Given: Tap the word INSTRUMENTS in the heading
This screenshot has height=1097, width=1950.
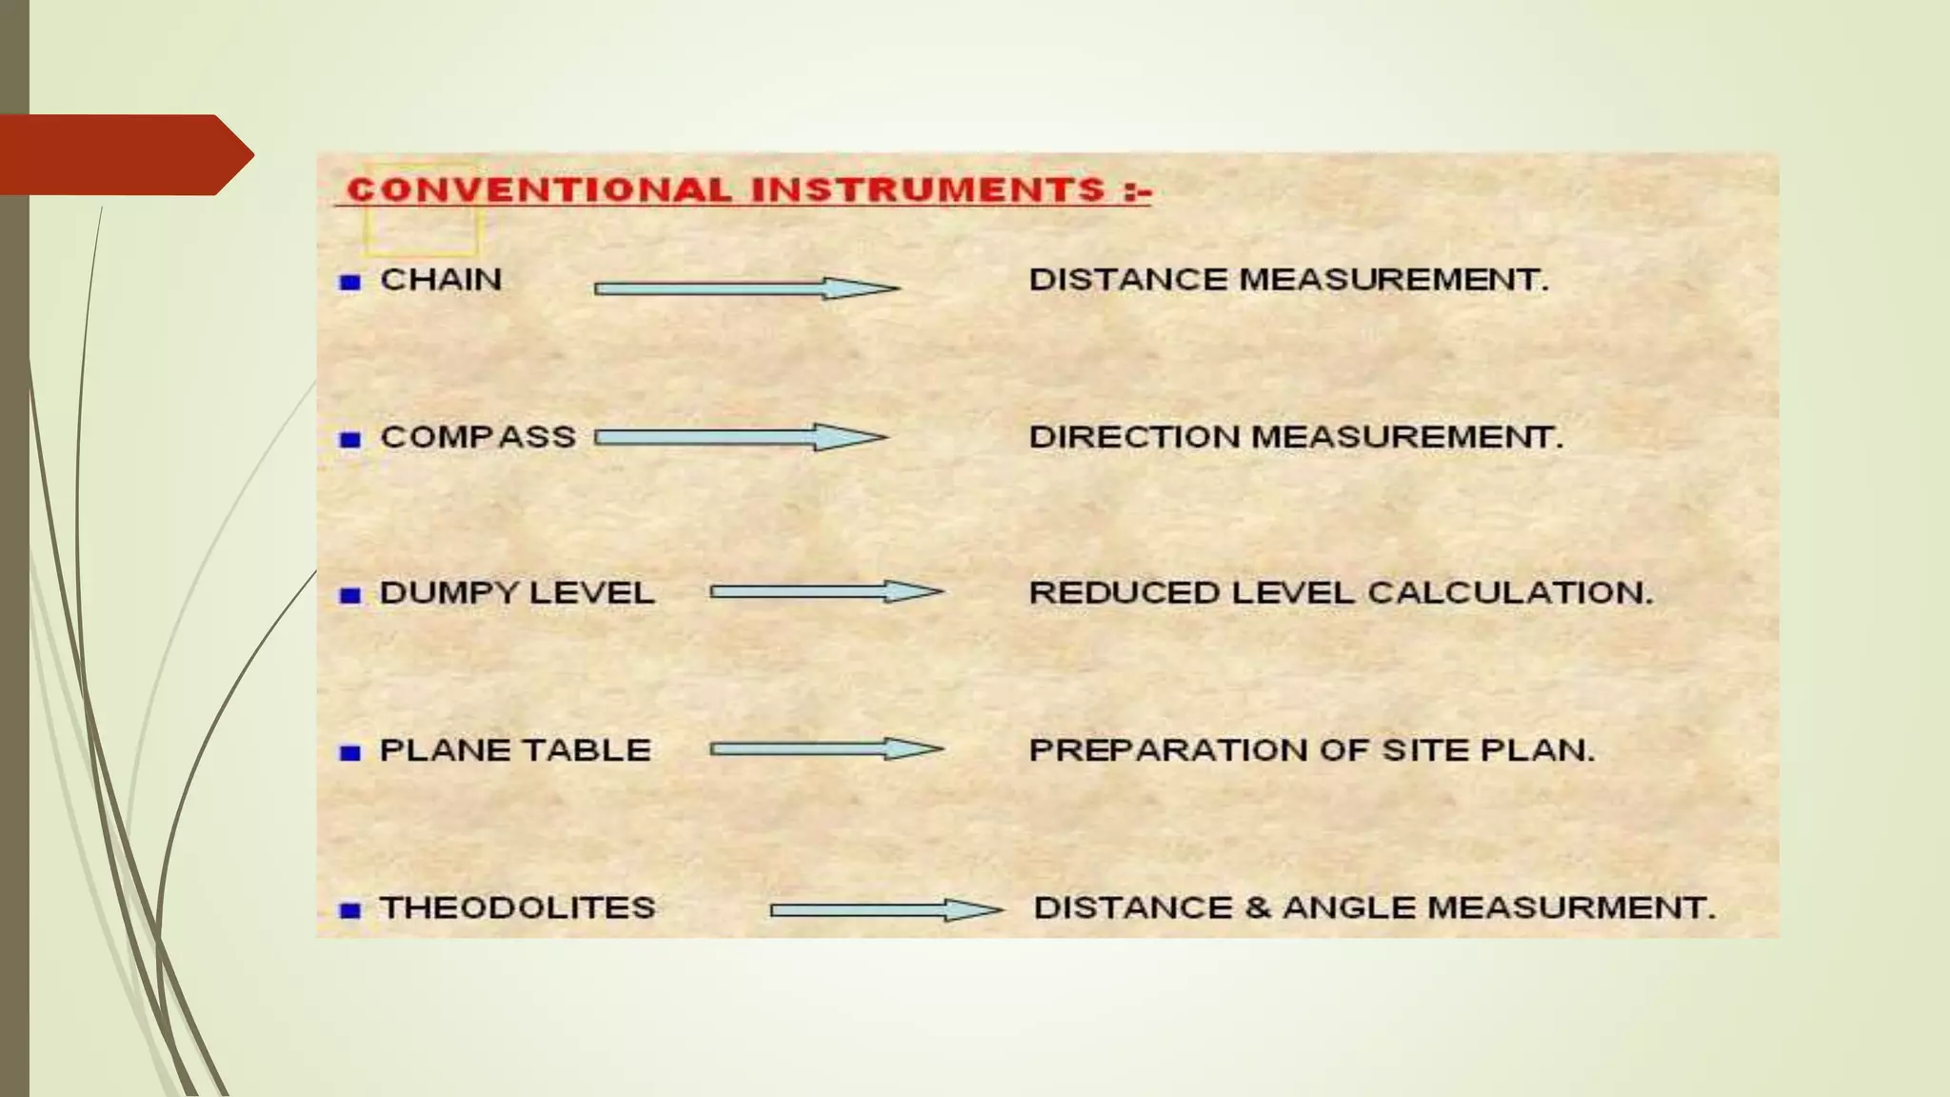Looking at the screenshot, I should (928, 189).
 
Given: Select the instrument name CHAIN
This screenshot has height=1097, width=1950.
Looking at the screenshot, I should (441, 280).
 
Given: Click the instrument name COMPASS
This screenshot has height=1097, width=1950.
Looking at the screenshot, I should (478, 437).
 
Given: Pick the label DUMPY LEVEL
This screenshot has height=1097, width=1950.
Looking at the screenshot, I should (517, 593).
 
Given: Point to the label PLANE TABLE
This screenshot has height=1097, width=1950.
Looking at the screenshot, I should (515, 750).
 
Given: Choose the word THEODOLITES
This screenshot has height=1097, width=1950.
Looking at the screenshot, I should (518, 908).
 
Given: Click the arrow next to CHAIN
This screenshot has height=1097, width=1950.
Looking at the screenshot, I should (746, 288).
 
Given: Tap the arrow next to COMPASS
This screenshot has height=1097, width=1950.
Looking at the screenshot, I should (740, 437).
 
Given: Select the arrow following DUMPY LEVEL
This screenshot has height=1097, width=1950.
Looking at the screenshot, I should (826, 592).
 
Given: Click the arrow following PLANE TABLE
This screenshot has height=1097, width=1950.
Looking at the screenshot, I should (826, 749).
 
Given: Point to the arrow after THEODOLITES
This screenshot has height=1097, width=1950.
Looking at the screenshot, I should (885, 910).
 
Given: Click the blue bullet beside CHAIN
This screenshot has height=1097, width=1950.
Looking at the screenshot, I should (350, 282).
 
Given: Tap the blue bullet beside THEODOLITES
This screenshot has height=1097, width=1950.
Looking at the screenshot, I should (350, 910).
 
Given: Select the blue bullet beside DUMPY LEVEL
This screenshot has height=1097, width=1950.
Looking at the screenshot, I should (350, 596).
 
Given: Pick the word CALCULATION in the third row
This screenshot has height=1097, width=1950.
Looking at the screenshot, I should (1510, 593).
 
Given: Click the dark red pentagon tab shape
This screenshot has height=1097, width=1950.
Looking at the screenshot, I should (124, 155).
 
